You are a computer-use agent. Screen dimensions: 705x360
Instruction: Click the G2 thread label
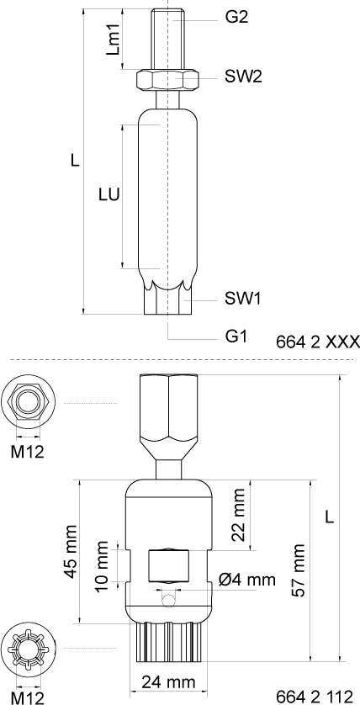coord(237,17)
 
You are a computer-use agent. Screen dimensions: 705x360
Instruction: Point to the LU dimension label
coord(108,194)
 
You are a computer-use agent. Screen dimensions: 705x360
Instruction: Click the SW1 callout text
coord(243,298)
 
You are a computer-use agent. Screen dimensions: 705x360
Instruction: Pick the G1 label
coord(236,336)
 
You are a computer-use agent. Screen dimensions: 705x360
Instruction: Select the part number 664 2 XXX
coord(317,342)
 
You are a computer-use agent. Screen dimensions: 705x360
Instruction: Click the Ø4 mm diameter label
coord(246,580)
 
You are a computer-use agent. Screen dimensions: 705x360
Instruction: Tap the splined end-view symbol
coord(27,649)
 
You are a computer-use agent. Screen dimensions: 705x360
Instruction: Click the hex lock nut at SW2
coord(167,81)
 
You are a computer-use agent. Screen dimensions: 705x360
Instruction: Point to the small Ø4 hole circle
coord(170,598)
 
